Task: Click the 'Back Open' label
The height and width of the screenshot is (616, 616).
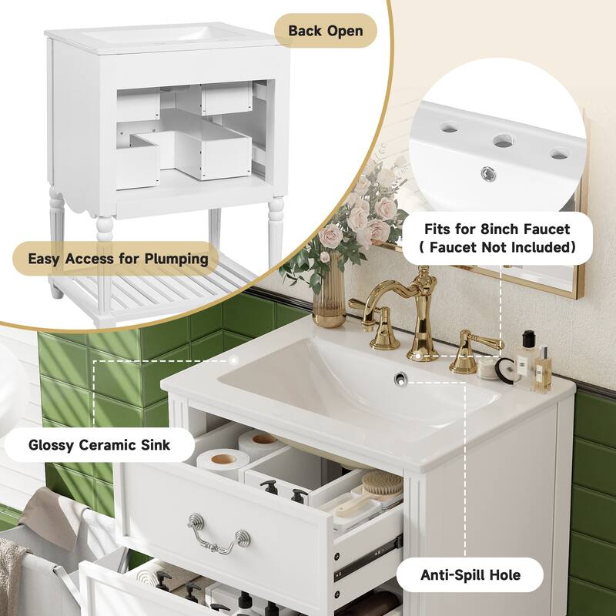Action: pos(326,32)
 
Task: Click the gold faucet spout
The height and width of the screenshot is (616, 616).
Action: pos(420,308)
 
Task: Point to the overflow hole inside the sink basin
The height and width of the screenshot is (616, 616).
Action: pos(400,377)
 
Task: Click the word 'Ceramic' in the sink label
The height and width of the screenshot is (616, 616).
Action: pos(107,444)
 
